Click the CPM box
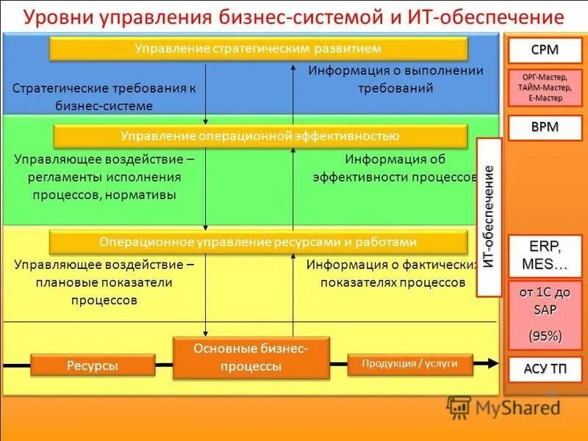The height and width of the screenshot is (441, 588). click(x=545, y=51)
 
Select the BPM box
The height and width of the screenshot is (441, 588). click(x=545, y=127)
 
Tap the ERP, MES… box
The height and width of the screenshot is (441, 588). click(x=545, y=254)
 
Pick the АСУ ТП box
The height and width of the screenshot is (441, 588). click(x=545, y=368)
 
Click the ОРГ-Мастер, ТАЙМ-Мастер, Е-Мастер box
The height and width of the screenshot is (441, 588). click(x=545, y=87)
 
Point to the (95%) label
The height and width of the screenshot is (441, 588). click(x=545, y=336)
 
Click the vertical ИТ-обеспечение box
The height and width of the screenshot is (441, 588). click(x=489, y=217)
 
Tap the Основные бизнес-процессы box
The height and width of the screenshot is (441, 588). click(x=251, y=357)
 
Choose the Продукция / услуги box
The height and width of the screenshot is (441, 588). click(x=409, y=363)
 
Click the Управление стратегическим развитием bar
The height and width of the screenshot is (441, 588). click(x=258, y=49)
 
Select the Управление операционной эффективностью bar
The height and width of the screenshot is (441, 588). click(x=260, y=136)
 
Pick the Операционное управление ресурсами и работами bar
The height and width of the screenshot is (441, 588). click(x=258, y=242)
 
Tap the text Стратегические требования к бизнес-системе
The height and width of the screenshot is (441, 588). click(x=104, y=96)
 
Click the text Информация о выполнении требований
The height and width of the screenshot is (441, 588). click(x=395, y=79)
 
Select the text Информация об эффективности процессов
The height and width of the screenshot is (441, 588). click(x=395, y=168)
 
